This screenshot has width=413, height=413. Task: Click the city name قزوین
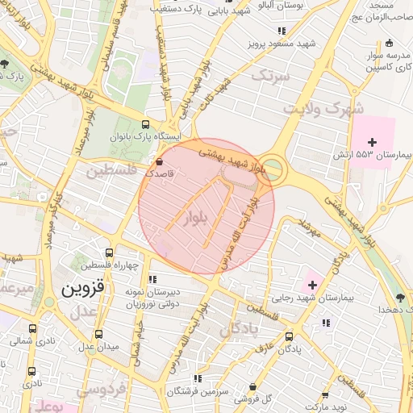[83, 286]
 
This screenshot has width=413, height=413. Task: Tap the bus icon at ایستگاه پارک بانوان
[145, 124]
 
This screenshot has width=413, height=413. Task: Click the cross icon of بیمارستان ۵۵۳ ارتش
[372, 142]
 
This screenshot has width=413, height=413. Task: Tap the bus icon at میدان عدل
[99, 334]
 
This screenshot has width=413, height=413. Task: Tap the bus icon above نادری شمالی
[32, 329]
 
